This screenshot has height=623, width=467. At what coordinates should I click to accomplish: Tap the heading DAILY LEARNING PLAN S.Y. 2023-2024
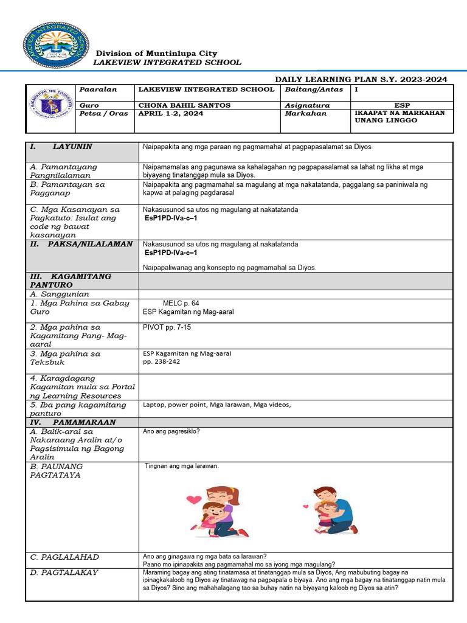click(361, 79)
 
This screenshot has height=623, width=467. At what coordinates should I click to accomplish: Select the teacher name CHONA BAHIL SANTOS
click(184, 105)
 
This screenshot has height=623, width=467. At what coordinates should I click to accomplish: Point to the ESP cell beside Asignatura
click(402, 105)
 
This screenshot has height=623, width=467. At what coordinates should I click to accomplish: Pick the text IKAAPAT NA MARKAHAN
click(400, 113)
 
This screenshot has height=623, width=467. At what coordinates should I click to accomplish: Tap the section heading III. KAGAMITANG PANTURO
click(70, 280)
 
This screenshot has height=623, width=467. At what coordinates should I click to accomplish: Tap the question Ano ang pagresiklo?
click(171, 431)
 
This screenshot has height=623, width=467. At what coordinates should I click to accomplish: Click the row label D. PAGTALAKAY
click(64, 573)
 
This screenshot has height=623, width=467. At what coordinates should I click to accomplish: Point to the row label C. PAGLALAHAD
click(64, 557)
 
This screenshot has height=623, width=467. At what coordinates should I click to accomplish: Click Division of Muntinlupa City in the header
click(156, 54)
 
